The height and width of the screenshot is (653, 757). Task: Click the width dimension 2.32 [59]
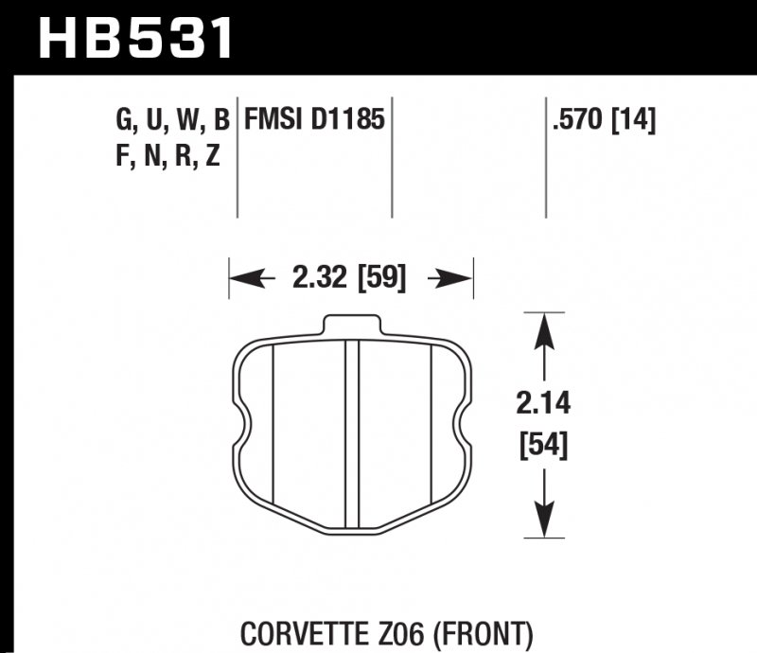click(349, 279)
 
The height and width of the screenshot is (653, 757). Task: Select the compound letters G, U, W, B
click(171, 120)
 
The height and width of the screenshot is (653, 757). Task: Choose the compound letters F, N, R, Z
click(167, 157)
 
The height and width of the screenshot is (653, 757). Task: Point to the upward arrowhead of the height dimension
click(542, 331)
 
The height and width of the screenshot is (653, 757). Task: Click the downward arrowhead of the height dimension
click(542, 521)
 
